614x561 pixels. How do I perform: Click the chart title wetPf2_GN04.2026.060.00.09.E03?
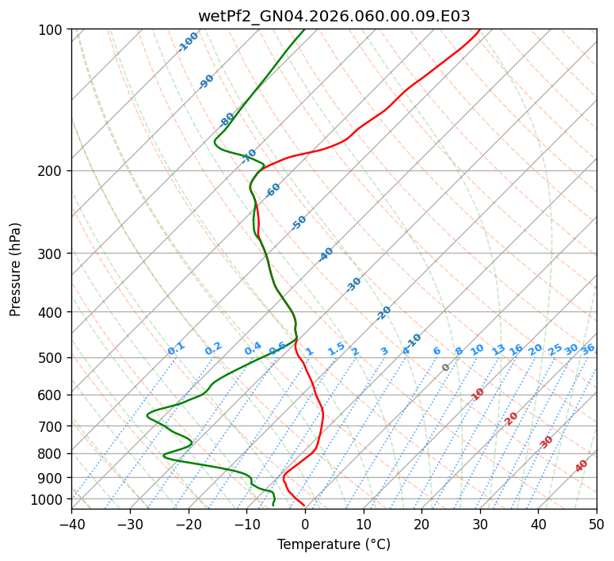coord(334,16)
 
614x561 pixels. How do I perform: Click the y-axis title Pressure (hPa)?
coord(16,269)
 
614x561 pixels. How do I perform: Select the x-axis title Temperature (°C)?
coord(334,545)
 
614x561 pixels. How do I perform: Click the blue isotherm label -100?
coord(188,42)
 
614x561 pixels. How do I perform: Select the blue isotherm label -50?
coord(299,223)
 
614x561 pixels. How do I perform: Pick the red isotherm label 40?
coord(582,466)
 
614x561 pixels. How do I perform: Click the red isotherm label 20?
coord(512,418)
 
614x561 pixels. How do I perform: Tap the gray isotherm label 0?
coord(446,368)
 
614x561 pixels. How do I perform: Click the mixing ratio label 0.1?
coord(176,349)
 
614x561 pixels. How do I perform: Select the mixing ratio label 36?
coord(588,349)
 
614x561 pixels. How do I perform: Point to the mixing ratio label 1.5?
coord(336,349)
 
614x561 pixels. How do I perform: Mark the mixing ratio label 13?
coord(498,349)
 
